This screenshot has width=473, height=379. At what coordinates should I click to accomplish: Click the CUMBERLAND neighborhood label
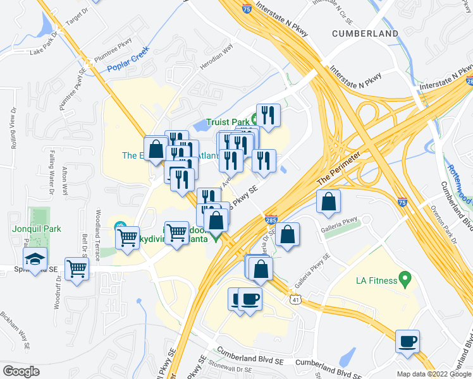[367, 33]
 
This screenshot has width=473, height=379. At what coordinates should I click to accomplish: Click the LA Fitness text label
[376, 280]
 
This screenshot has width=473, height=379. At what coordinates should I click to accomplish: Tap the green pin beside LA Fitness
[406, 279]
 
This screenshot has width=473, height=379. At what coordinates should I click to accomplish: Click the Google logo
[21, 371]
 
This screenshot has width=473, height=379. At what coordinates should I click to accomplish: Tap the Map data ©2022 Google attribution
[433, 373]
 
